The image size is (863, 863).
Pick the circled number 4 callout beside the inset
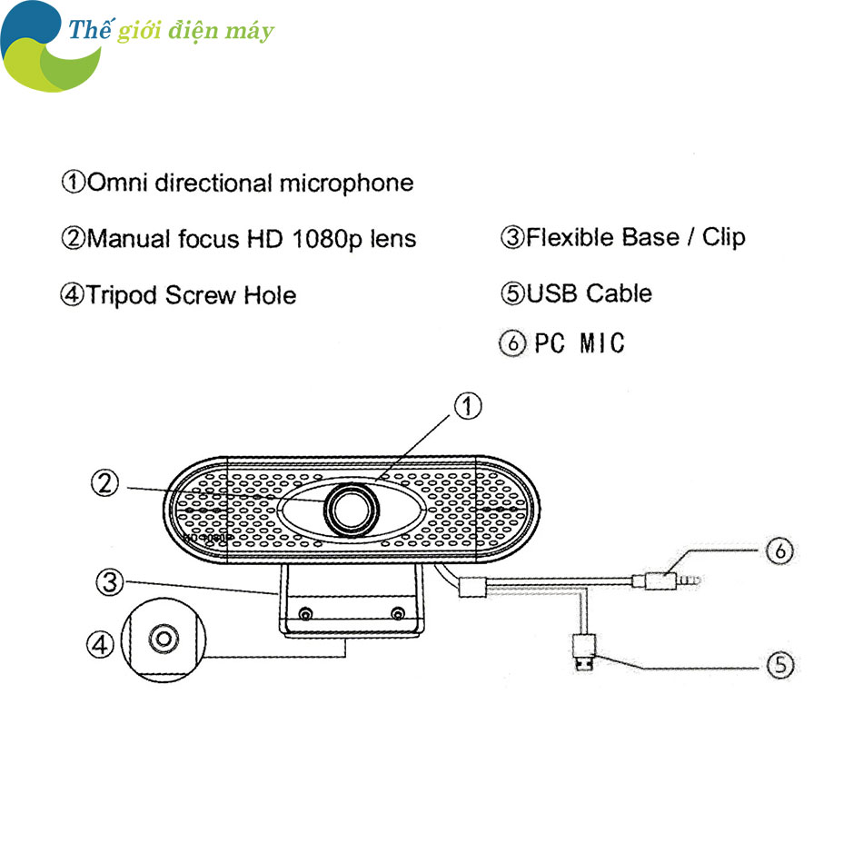pyautogui.click(x=101, y=645)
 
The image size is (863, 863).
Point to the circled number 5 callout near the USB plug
pyautogui.click(x=779, y=665)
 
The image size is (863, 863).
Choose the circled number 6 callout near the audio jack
pyautogui.click(x=779, y=551)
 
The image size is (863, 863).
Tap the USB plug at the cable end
pyautogui.click(x=584, y=653)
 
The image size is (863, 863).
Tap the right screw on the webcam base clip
pyautogui.click(x=397, y=614)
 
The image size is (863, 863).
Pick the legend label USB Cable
pyautogui.click(x=589, y=293)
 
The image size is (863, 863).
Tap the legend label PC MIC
pyautogui.click(x=579, y=344)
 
